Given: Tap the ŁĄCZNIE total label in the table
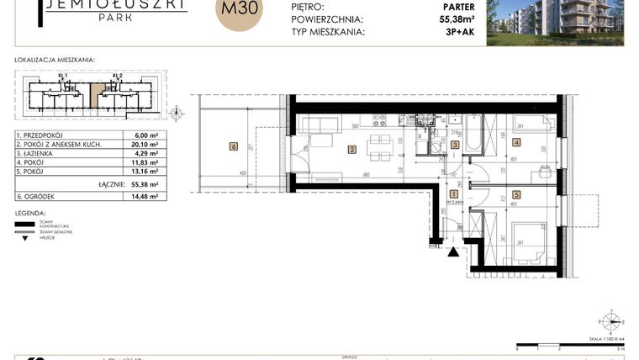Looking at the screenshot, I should [x=110, y=183].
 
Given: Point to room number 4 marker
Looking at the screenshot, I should [x=515, y=142].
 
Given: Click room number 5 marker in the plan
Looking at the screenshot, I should [x=515, y=195].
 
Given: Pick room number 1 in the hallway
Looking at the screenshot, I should [x=454, y=193].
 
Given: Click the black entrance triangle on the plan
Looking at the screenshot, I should [x=454, y=251].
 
